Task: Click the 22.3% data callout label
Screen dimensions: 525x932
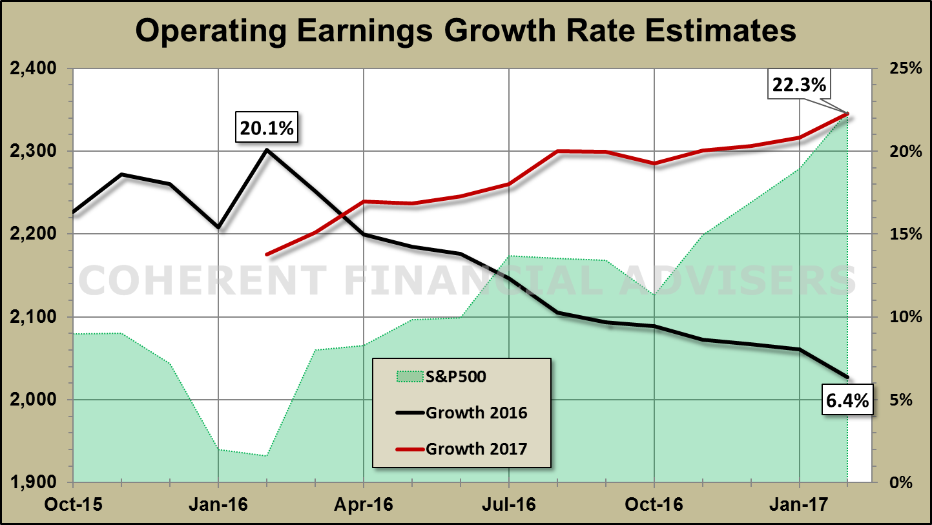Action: [x=799, y=85]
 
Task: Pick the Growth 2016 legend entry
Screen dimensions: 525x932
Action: [x=476, y=412]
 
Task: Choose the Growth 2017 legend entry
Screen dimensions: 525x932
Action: [x=476, y=448]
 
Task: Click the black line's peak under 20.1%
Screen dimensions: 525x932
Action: [x=267, y=150]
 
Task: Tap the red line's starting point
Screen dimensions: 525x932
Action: [x=267, y=254]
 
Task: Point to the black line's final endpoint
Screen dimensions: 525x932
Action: [x=847, y=377]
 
